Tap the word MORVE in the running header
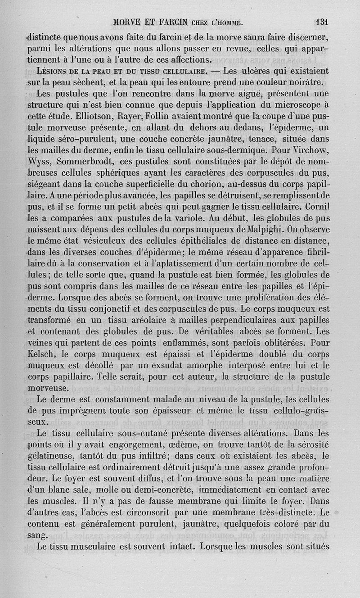[126, 21]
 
